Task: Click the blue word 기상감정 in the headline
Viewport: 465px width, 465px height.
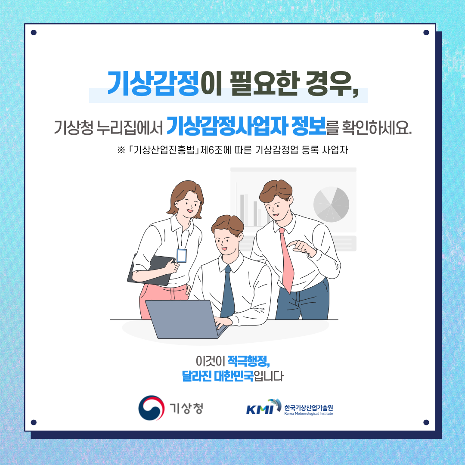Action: pyautogui.click(x=153, y=84)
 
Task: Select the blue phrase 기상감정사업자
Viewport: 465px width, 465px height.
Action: pyautogui.click(x=227, y=126)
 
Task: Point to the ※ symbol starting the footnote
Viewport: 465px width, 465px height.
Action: pyautogui.click(x=121, y=150)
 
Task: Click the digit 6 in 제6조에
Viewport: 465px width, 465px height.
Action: pyautogui.click(x=211, y=150)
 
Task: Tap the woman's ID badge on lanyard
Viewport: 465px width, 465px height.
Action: pyautogui.click(x=182, y=256)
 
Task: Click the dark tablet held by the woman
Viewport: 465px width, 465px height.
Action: pyautogui.click(x=151, y=270)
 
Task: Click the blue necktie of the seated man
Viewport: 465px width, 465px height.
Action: pyautogui.click(x=227, y=292)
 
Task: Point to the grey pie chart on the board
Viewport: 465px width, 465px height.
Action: pyautogui.click(x=331, y=205)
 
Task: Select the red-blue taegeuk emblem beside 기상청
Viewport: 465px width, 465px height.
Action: pyautogui.click(x=152, y=408)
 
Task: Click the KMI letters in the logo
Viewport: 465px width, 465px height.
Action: pyautogui.click(x=260, y=409)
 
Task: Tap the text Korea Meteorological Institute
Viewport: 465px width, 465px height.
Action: pyautogui.click(x=308, y=413)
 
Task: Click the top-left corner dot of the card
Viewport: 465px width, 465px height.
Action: pyautogui.click(x=34, y=32)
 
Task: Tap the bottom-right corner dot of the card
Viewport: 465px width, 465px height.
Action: pyautogui.click(x=426, y=422)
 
